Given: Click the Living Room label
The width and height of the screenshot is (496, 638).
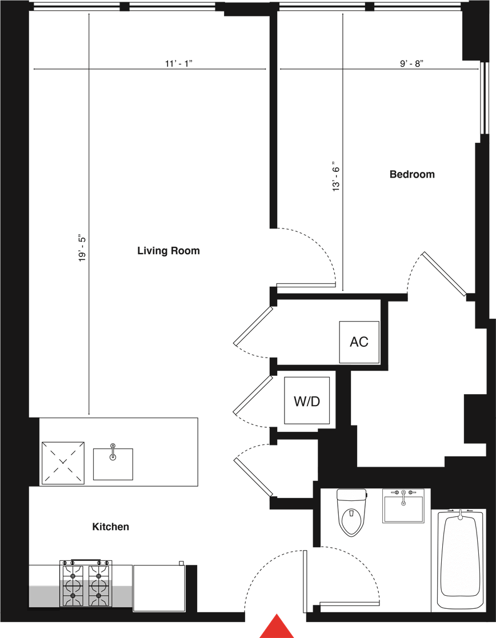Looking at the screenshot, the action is [169, 251].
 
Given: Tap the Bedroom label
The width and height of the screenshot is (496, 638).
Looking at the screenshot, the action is [412, 174].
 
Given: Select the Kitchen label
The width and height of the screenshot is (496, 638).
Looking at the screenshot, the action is [111, 527].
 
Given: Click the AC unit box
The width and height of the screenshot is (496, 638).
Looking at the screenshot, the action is [359, 342].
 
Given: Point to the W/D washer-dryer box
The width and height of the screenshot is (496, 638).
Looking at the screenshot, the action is [307, 400].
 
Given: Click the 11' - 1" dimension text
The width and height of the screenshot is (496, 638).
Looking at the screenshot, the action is [178, 63].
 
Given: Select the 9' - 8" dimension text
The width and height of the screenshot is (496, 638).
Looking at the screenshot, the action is [411, 63].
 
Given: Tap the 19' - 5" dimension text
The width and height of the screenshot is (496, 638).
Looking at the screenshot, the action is [83, 247].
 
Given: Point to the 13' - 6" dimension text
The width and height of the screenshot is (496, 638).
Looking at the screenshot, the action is [336, 175].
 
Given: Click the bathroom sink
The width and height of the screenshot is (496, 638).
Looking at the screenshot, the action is [403, 505].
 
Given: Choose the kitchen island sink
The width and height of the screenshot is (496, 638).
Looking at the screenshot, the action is [113, 463].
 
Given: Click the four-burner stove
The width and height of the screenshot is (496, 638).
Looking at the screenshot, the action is [86, 583].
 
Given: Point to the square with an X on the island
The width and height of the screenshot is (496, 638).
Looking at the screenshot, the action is [63, 463].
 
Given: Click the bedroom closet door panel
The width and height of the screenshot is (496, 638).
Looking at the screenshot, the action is [444, 274].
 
